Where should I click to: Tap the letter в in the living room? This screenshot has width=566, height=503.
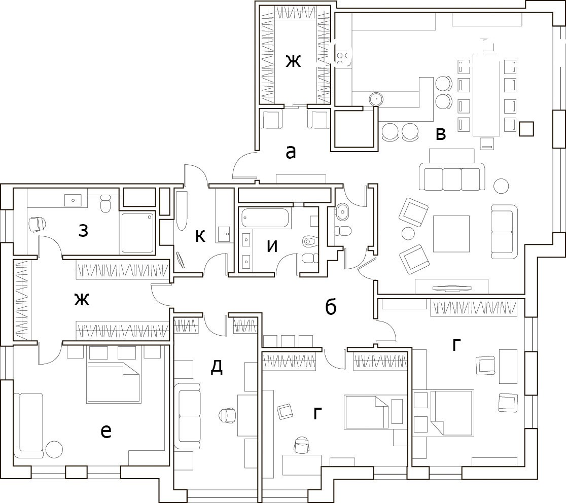(441, 134)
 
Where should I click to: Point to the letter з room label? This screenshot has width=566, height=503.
(83, 231)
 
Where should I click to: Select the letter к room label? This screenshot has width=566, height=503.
(200, 236)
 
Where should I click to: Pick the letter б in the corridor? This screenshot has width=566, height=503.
(331, 307)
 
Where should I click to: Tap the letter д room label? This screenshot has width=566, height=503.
(217, 367)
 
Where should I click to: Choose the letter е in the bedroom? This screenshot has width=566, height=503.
(106, 431)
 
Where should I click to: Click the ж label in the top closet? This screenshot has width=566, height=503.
(293, 61)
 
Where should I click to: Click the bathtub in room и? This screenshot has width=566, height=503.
(266, 218)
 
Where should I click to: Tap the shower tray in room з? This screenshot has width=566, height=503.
(137, 233)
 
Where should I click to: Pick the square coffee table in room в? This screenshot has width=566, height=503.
(451, 234)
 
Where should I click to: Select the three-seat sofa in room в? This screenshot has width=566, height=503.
(452, 177)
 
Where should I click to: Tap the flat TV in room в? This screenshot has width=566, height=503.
(451, 289)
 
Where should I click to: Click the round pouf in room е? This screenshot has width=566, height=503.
(54, 450)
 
